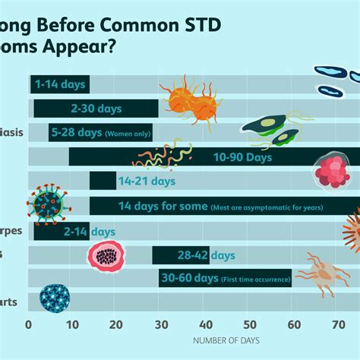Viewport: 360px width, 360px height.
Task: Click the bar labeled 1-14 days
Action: tap(59, 84)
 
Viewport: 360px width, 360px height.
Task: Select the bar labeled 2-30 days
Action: tap(95, 109)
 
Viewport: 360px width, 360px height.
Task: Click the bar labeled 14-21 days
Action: tap(103, 181)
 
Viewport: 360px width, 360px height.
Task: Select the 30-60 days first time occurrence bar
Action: tap(226, 279)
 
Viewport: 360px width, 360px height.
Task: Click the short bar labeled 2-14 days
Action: tap(61, 231)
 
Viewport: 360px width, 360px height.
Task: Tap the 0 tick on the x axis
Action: tap(29, 324)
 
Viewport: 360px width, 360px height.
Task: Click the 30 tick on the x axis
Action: tap(160, 324)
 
